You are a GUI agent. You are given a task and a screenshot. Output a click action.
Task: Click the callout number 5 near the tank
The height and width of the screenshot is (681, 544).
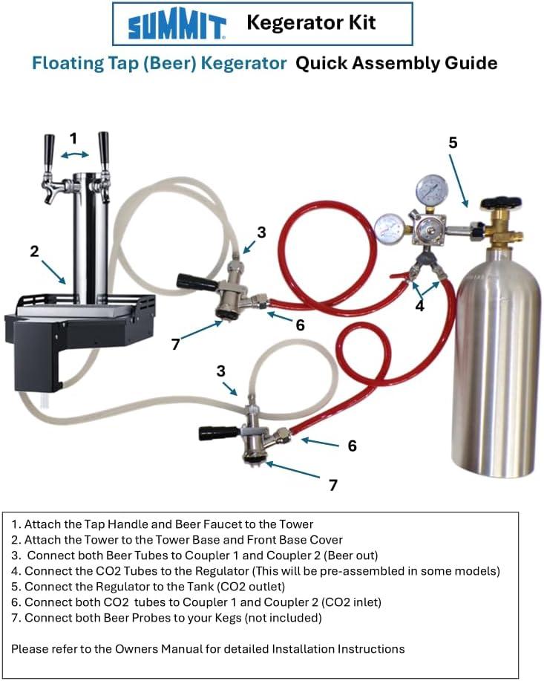pos(453,143)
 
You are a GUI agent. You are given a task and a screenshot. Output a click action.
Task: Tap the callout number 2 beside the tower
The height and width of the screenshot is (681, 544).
pos(34,251)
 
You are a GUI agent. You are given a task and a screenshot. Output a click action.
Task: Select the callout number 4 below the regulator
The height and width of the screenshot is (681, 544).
pos(419,306)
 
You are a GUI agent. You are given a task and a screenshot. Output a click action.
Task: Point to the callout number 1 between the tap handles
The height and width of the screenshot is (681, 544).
pos(73,139)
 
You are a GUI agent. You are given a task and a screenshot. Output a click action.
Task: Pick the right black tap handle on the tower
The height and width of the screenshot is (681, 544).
pos(104,150)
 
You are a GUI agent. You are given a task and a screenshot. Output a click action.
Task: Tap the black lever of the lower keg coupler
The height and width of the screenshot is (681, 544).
pos(219,433)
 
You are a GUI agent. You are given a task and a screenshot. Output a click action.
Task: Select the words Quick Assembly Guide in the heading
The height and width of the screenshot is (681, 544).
pos(396,63)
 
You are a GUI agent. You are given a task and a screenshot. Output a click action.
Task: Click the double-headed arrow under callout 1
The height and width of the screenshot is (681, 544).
pos(75,154)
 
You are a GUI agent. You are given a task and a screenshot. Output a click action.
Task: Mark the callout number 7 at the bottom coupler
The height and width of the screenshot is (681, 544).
pos(333,485)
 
